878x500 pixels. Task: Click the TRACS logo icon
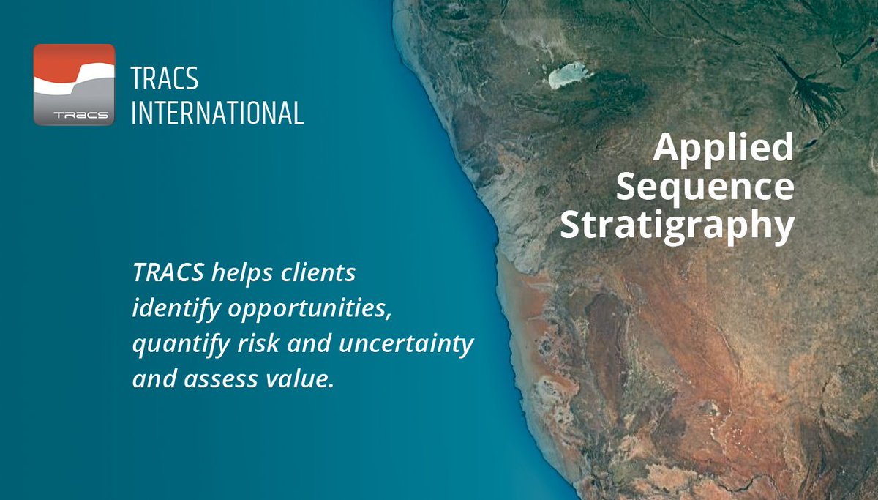[x=74, y=84]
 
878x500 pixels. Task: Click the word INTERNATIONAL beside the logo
[x=217, y=113]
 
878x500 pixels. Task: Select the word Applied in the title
[x=723, y=148]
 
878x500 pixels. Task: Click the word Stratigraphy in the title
[x=677, y=225]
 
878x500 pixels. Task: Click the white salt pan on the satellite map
[x=570, y=74]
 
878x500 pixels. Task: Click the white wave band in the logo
[x=74, y=82]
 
